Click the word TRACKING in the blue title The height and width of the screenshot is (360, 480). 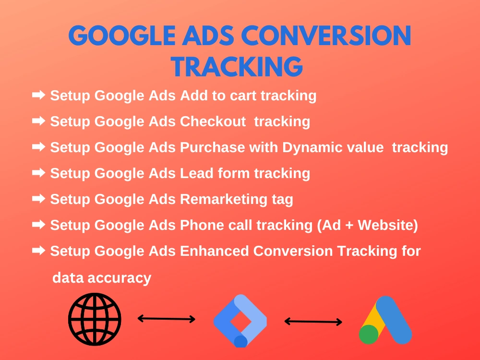pyautogui.click(x=237, y=66)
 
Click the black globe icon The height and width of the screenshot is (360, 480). pyautogui.click(x=95, y=319)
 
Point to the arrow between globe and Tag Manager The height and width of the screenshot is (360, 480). pyautogui.click(x=167, y=319)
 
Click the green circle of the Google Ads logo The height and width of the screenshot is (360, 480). pyautogui.click(x=369, y=334)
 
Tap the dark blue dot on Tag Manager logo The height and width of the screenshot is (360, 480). pyautogui.click(x=240, y=341)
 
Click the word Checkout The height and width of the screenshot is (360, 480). pyautogui.click(x=213, y=121)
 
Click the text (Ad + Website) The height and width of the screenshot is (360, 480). pyautogui.click(x=367, y=225)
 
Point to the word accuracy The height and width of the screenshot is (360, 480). pyautogui.click(x=120, y=277)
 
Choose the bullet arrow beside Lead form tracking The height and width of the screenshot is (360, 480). pyautogui.click(x=39, y=173)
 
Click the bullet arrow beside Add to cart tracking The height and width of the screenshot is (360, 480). pyautogui.click(x=39, y=95)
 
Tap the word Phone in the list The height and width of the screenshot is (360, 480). pyautogui.click(x=202, y=225)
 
